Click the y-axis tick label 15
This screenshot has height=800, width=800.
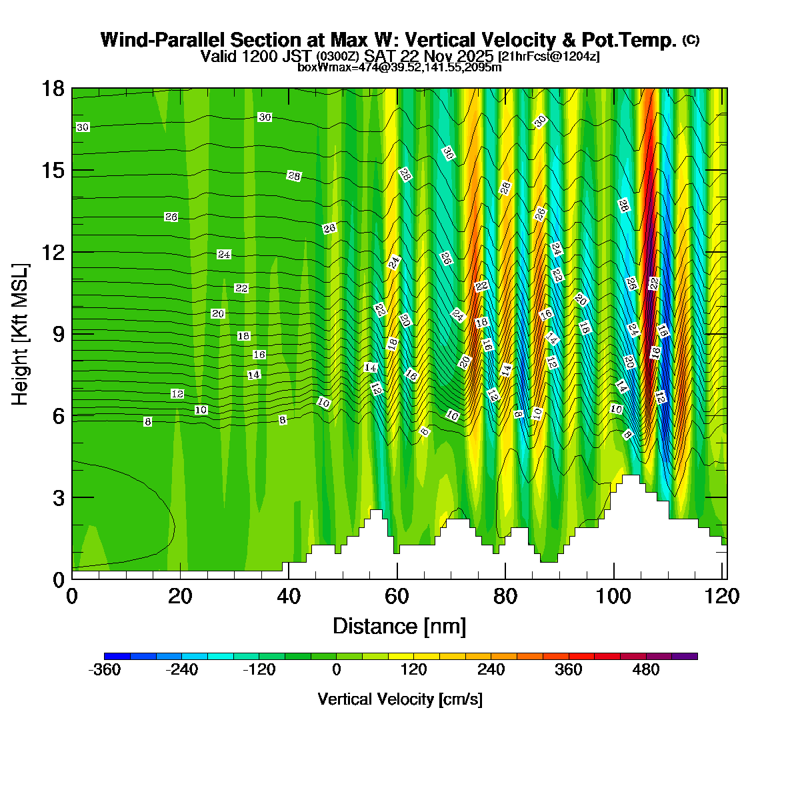tap(53, 171)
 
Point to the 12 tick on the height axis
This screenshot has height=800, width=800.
tap(53, 253)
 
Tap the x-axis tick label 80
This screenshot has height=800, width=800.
tap(505, 596)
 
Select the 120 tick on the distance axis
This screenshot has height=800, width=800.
tap(723, 596)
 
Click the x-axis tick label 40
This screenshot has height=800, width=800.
tap(289, 596)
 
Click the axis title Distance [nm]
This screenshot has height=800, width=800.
tap(399, 627)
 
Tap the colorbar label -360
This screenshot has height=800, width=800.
tap(105, 670)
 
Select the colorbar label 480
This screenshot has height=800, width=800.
tap(646, 670)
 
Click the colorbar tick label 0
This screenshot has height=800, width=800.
tap(337, 670)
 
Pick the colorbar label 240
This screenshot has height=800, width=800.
tap(491, 670)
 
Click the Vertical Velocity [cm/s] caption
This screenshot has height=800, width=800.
tap(400, 699)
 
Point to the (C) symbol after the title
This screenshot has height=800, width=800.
tap(691, 40)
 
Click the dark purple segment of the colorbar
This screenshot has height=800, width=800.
tap(685, 656)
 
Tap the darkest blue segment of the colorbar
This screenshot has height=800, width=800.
tap(117, 656)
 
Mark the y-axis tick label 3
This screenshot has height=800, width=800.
tap(58, 498)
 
